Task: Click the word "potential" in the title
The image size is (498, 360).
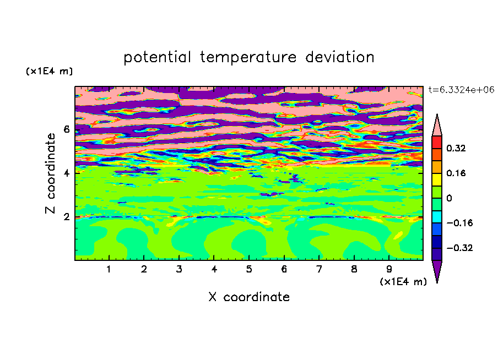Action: [157, 58]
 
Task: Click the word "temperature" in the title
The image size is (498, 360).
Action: [248, 58]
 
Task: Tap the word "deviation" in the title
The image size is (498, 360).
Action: [340, 57]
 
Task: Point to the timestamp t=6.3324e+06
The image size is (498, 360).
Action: [461, 90]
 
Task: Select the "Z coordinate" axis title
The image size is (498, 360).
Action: [50, 173]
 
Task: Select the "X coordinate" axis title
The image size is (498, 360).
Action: [249, 297]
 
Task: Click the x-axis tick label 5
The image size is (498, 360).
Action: [249, 269]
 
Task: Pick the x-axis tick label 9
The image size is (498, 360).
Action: [389, 269]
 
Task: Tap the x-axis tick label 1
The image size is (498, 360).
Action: [109, 269]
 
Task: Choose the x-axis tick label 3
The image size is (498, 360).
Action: [179, 269]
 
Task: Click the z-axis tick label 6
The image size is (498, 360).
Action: [67, 129]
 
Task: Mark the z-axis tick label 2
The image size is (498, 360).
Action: [67, 217]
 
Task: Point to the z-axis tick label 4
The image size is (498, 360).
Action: [67, 173]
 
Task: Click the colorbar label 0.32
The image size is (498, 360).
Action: [456, 148]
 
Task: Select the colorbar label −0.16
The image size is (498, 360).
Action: [459, 223]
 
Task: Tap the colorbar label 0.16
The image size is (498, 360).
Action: [456, 173]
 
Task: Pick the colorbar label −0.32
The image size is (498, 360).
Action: [459, 248]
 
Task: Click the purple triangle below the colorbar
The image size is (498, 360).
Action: [437, 269]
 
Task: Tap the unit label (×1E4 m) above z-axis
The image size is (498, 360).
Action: [49, 71]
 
